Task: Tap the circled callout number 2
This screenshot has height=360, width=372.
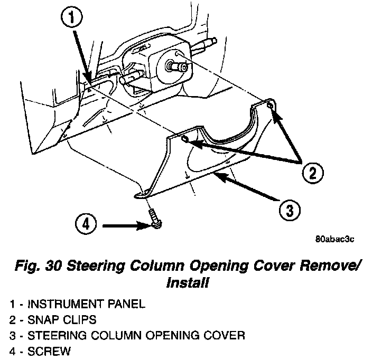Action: (x=312, y=172)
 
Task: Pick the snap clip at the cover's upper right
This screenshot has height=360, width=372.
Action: (x=270, y=107)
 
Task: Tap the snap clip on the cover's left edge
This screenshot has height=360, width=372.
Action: (x=185, y=139)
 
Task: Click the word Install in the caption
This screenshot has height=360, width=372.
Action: (x=185, y=283)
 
